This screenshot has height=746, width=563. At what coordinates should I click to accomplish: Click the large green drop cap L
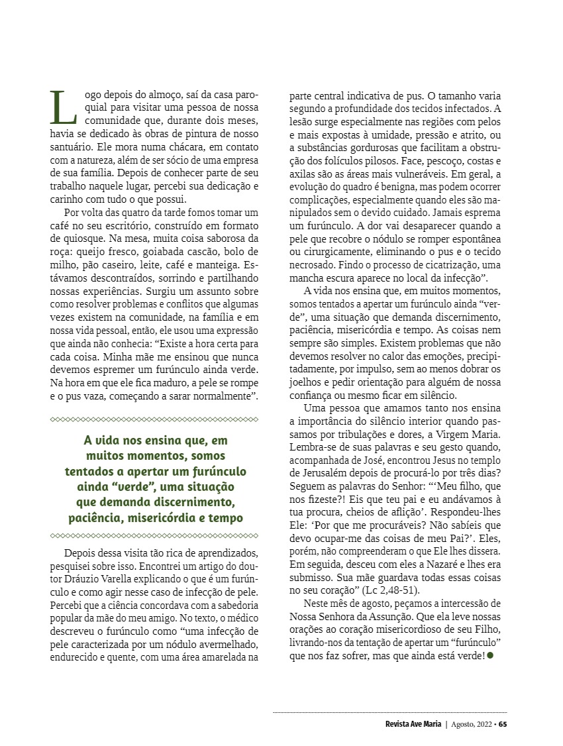64,107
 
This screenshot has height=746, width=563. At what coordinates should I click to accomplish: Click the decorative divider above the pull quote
154,419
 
